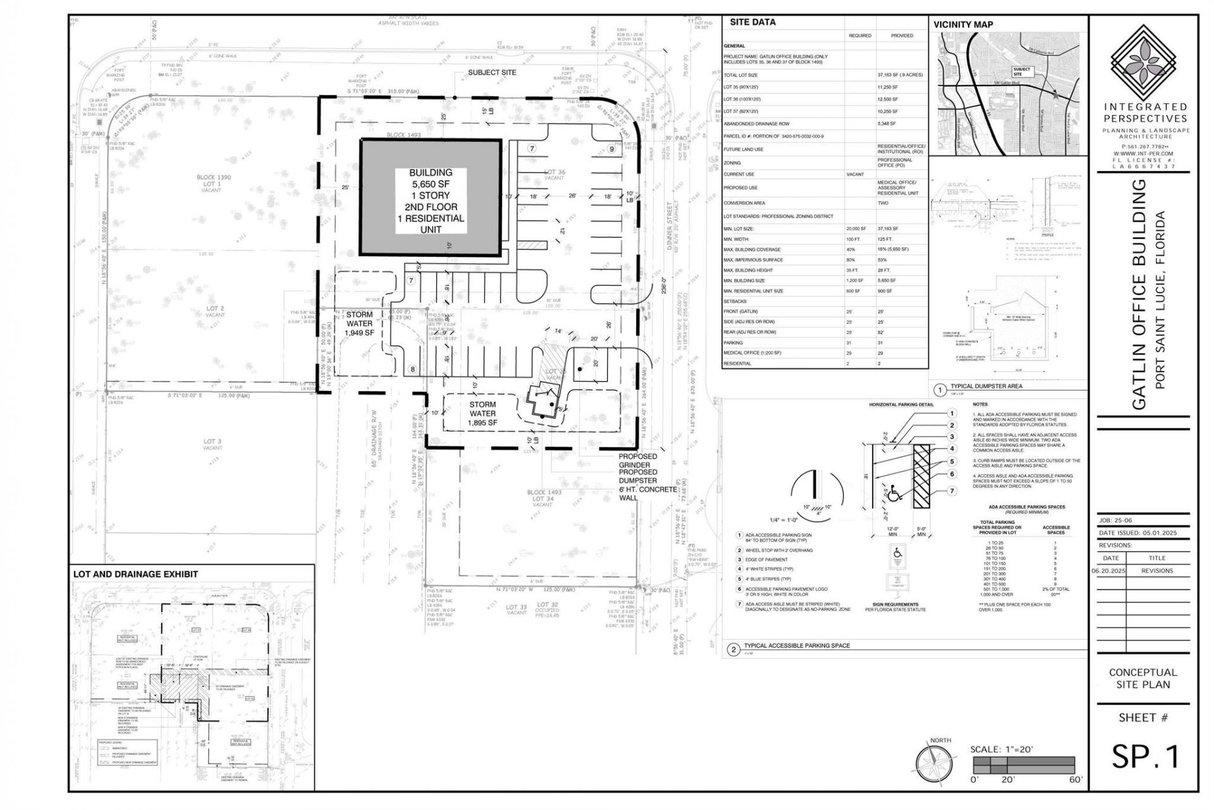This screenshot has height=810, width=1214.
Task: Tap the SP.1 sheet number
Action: click(1145, 756)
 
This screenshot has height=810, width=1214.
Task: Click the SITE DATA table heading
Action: click(752, 22)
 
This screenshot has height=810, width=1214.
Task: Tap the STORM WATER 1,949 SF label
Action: click(359, 323)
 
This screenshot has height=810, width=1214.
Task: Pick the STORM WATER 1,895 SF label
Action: click(482, 413)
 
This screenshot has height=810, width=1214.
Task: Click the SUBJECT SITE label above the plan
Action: click(492, 72)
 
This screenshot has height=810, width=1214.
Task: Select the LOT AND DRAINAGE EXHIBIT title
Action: click(135, 574)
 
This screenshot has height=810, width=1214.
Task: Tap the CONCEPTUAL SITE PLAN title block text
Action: click(1143, 678)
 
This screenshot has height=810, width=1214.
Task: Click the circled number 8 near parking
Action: click(412, 370)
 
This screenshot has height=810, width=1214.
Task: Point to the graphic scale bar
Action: click(1022, 764)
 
